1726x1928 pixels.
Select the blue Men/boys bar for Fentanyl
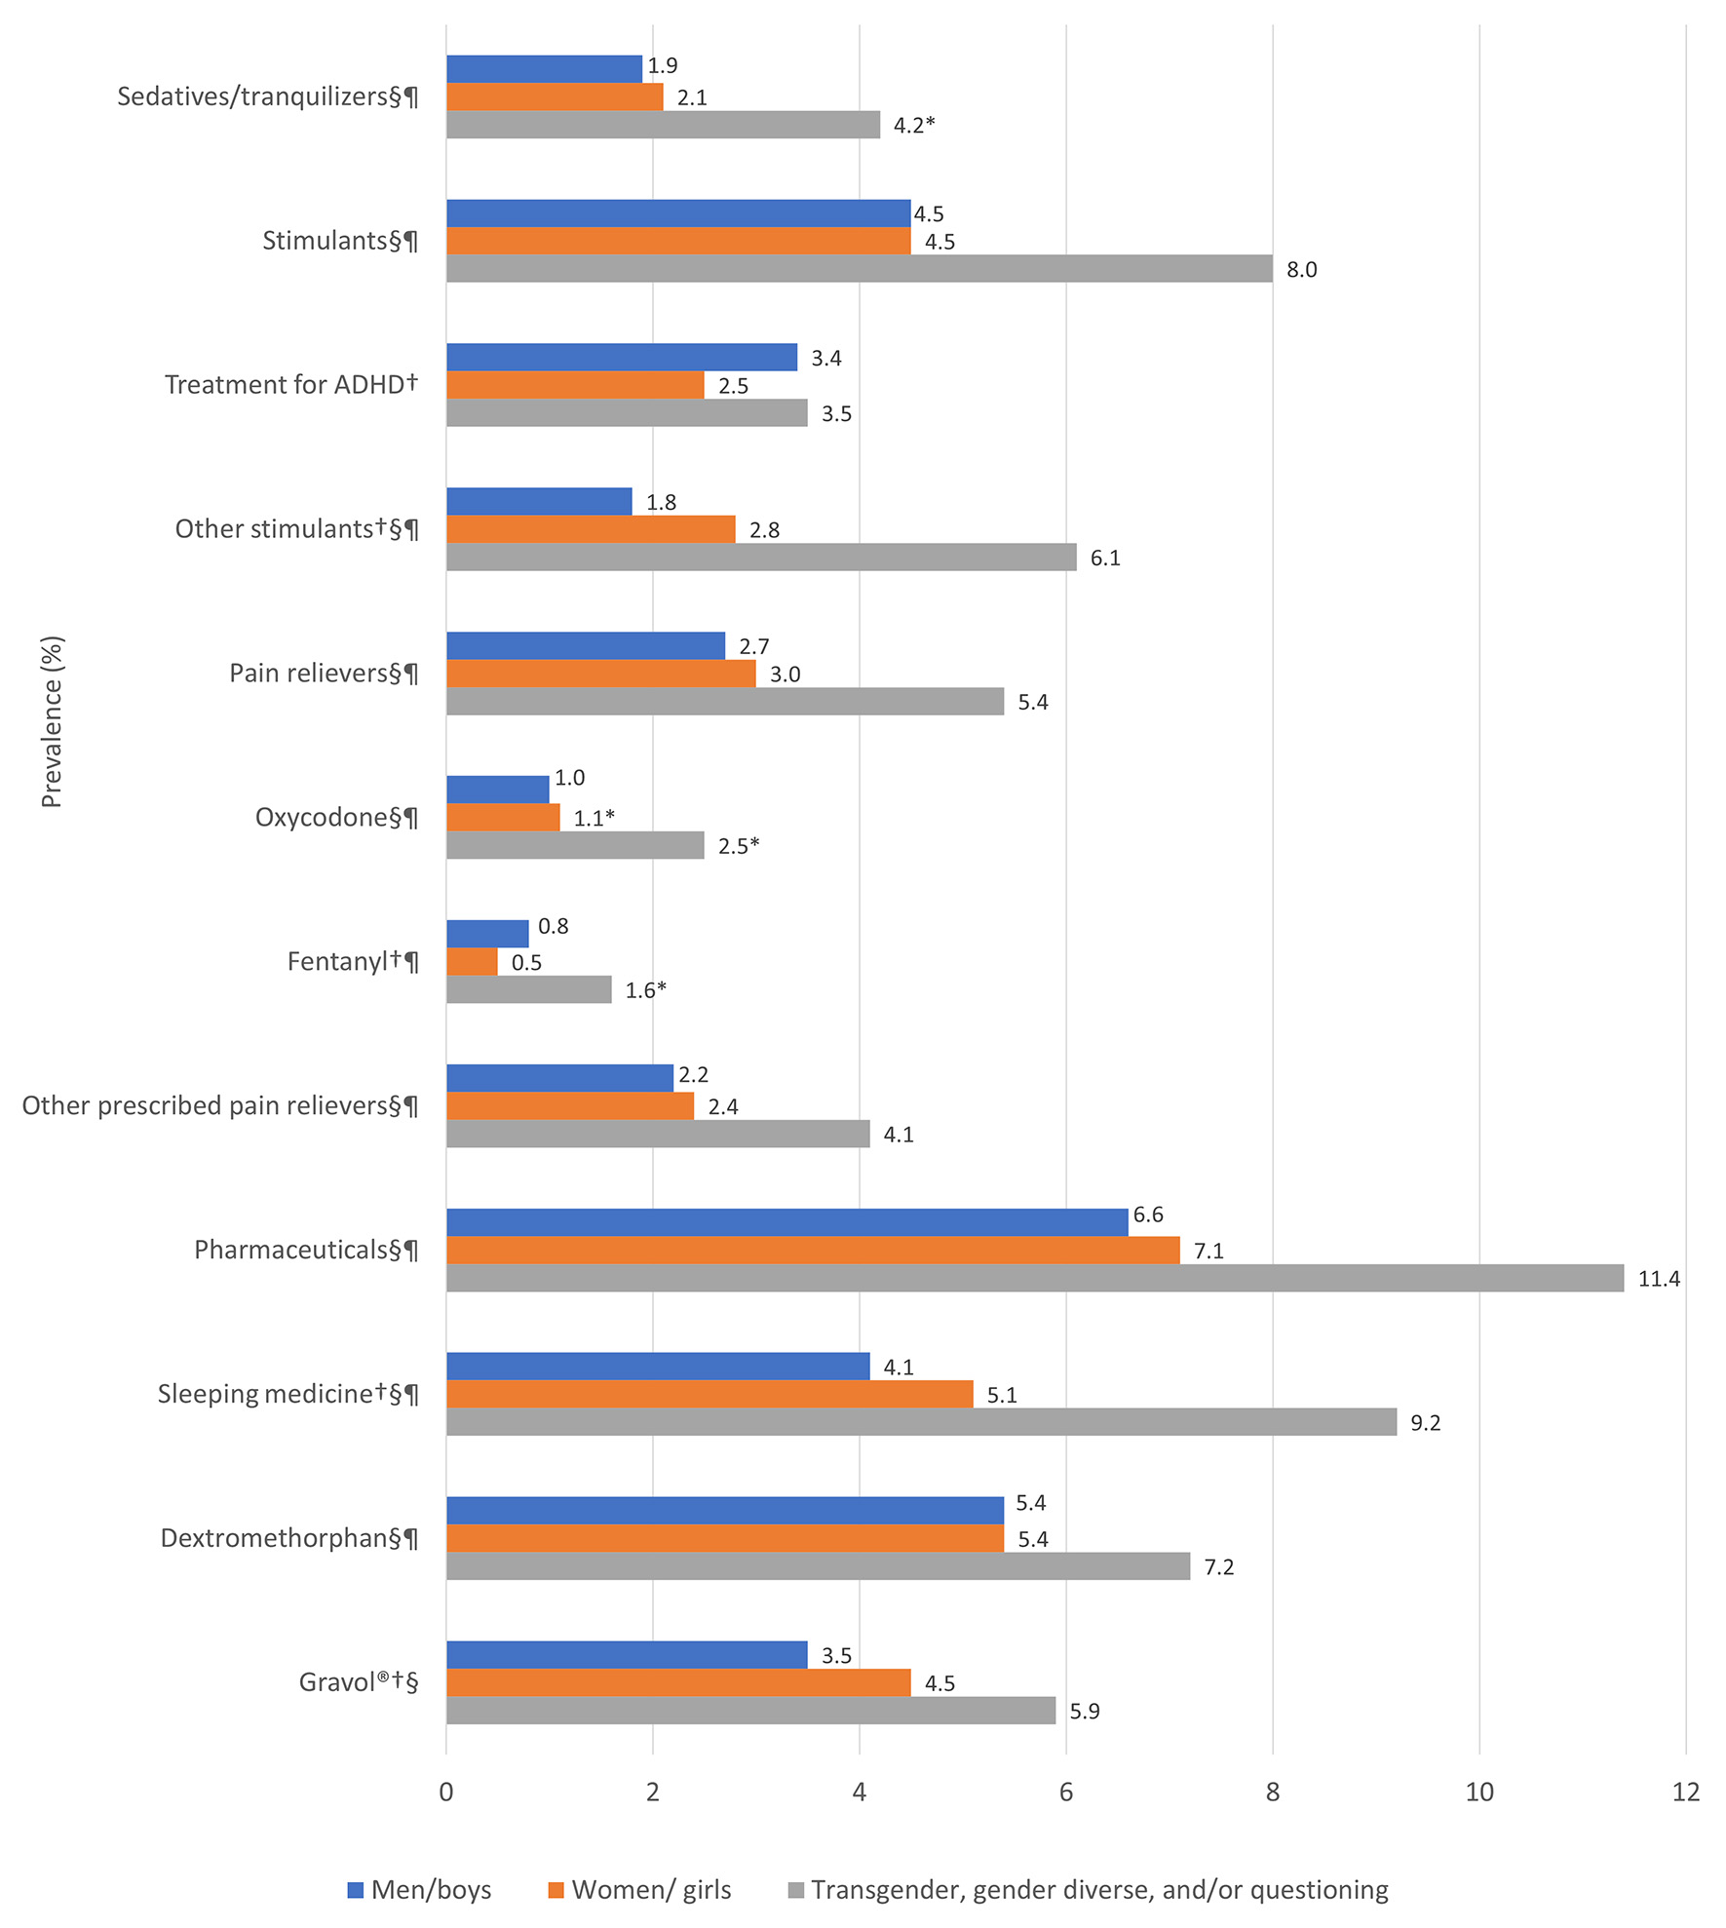tap(487, 934)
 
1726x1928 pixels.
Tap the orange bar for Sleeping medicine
tap(710, 1394)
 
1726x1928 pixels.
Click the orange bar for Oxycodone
tap(503, 818)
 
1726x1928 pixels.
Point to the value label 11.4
tap(1659, 1279)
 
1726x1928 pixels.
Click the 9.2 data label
tap(1425, 1423)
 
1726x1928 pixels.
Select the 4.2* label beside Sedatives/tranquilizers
tap(914, 125)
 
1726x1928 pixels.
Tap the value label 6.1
tap(1105, 558)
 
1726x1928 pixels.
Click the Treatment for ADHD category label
tap(291, 385)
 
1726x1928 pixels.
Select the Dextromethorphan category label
tap(289, 1538)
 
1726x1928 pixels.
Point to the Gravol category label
tap(359, 1682)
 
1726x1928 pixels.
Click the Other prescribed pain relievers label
tap(220, 1105)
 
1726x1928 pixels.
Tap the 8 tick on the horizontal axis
tap(1272, 1793)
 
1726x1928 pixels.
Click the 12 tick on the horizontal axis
tap(1685, 1793)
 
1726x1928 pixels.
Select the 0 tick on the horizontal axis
tap(446, 1793)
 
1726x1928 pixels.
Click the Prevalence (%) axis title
tap(52, 722)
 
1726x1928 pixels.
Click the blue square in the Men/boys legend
tap(356, 1891)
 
